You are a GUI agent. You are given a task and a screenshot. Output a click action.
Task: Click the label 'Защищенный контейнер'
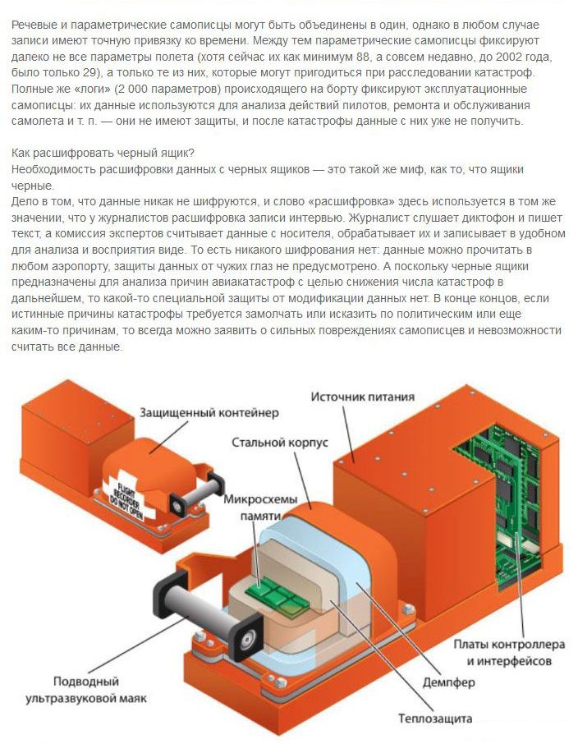(209, 413)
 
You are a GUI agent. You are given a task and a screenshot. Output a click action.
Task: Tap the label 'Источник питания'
(363, 397)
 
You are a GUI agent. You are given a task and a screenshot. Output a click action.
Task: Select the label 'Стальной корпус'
(280, 443)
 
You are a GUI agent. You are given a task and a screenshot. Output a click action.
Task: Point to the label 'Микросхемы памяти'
(260, 507)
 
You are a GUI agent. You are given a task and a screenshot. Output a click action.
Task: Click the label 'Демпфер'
(449, 682)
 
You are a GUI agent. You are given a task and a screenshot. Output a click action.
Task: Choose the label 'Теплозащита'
(435, 719)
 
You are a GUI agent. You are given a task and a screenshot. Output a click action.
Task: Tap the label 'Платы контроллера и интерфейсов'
(509, 652)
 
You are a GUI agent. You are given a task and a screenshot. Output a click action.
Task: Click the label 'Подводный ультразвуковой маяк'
(86, 690)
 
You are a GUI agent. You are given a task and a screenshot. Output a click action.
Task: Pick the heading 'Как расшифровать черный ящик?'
(103, 154)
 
